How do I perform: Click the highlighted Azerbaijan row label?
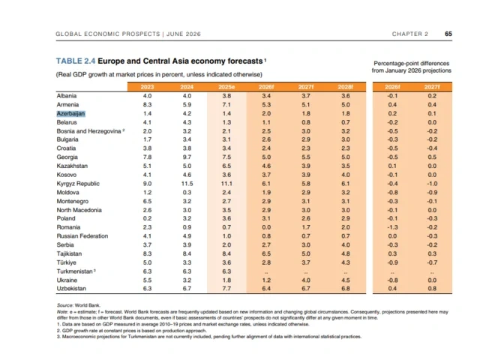70,113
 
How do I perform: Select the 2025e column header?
226,87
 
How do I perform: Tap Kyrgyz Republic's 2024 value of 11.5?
187,184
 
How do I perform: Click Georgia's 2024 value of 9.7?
187,157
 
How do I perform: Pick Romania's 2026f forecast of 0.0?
266,227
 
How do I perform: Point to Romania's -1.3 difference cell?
392,227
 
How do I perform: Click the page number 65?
448,34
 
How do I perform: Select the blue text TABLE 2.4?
76,61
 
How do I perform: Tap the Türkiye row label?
67,262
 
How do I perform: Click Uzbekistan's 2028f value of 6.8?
346,288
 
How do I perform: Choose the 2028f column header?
346,87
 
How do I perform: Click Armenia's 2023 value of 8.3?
147,105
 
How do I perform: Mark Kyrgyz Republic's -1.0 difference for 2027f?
432,184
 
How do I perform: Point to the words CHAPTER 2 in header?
410,34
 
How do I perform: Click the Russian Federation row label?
82,236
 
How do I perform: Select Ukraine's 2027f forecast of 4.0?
306,280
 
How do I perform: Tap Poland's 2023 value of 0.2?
147,218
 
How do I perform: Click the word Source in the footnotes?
65,305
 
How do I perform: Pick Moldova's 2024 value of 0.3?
187,193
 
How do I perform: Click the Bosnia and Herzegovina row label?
88,131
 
